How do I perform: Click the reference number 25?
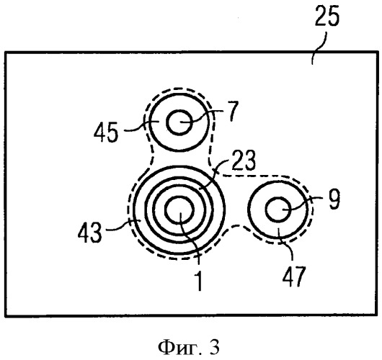tap(327, 16)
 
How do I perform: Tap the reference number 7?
tap(233, 112)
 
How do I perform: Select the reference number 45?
tap(106, 132)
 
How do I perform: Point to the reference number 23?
tap(244, 161)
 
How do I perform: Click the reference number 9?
tap(334, 199)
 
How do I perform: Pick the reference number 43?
tap(89, 233)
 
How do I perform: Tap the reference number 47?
tap(294, 276)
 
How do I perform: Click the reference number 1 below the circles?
tap(199, 281)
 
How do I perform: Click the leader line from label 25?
tap(319, 48)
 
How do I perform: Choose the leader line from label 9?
tap(302, 203)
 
